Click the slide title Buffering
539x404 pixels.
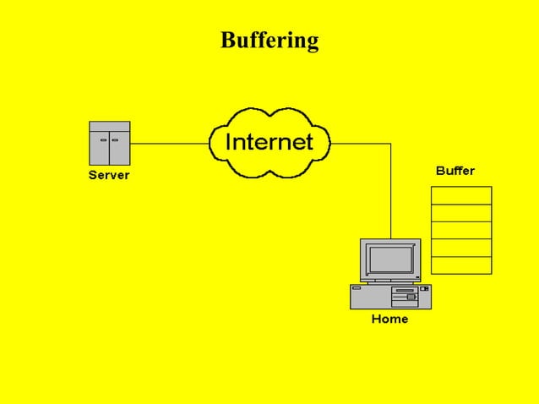[x=269, y=40]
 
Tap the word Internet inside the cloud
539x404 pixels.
[x=269, y=142]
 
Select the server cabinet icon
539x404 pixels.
[x=110, y=144]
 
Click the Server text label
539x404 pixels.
[x=109, y=176]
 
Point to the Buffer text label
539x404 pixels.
[x=455, y=171]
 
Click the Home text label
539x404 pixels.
[x=389, y=319]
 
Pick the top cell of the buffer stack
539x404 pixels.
[x=461, y=195]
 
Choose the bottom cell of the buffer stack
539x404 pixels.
[x=461, y=265]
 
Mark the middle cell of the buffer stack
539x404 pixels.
[x=461, y=230]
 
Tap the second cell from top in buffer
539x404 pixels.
[x=461, y=213]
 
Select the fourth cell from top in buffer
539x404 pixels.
[x=461, y=248]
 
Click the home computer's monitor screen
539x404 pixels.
[x=389, y=259]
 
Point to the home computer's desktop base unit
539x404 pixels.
[x=390, y=296]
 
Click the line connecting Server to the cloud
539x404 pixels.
[x=169, y=144]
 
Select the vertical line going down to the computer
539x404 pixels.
[x=391, y=194]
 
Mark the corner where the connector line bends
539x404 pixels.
[x=391, y=144]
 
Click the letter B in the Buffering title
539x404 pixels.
[x=227, y=40]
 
